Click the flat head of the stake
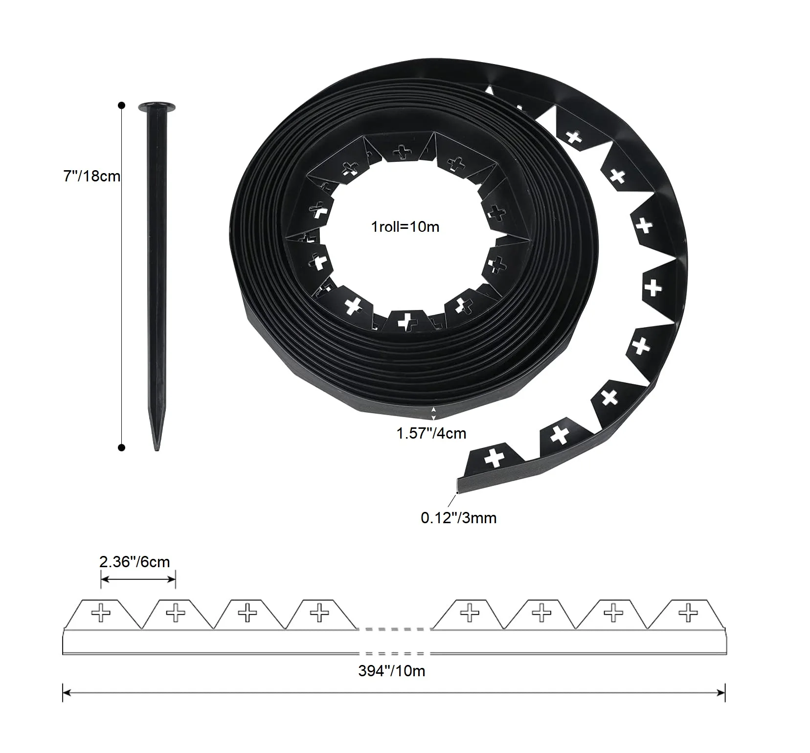click(x=157, y=106)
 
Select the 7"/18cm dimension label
click(x=91, y=176)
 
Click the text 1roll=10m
click(x=405, y=227)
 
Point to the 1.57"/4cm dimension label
click(x=431, y=433)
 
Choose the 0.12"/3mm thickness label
click(x=458, y=518)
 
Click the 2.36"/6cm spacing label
click(x=135, y=562)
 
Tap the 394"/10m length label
click(x=391, y=670)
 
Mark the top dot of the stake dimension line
click(x=122, y=105)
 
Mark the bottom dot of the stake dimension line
click(x=122, y=447)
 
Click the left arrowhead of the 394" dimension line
click(x=67, y=692)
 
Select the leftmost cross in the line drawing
click(x=101, y=613)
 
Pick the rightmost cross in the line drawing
click(x=689, y=612)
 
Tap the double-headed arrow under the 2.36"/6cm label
click(x=138, y=579)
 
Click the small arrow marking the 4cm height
click(x=434, y=413)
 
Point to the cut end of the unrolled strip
click(x=457, y=487)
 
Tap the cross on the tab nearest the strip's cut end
click(x=494, y=459)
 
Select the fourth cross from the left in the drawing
click(x=320, y=612)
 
